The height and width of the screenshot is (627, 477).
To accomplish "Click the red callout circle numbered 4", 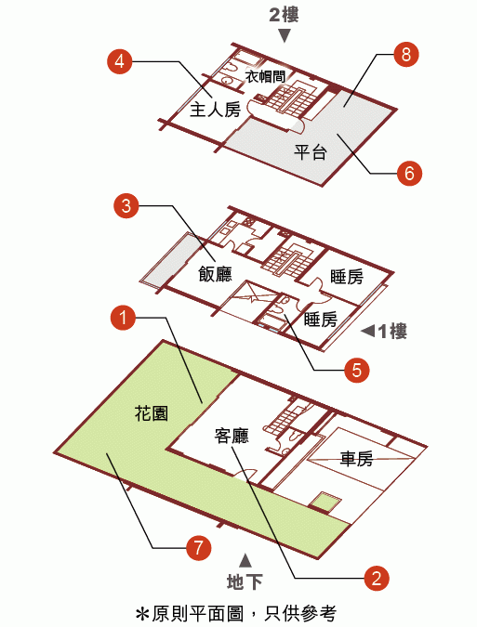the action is click(120, 61).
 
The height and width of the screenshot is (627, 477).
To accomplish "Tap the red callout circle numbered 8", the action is click(405, 54).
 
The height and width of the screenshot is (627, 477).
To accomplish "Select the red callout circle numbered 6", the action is click(409, 173).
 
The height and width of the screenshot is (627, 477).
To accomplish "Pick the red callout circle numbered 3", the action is click(126, 206).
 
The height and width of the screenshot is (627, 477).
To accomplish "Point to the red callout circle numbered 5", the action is click(356, 370).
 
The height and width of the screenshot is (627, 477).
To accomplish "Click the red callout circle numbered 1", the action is click(123, 318).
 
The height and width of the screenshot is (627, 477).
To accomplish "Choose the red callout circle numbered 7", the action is click(199, 547).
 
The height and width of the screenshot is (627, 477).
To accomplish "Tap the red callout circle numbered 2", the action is click(377, 578).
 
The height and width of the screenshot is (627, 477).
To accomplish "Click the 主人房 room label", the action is click(215, 110).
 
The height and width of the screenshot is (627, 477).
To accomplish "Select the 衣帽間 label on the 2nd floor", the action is click(265, 76).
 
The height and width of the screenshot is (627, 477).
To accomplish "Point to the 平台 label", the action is click(311, 152).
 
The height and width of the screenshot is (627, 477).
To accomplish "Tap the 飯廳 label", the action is click(215, 274).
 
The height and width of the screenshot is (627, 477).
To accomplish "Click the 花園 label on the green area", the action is click(152, 413).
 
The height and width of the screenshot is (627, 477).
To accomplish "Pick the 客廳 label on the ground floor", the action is click(232, 436).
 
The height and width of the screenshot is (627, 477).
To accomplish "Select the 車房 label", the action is click(356, 459).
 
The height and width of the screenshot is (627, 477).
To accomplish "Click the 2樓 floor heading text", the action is click(284, 15).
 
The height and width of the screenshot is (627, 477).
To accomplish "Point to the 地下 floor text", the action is click(245, 581).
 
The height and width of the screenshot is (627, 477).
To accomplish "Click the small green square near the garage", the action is click(326, 502).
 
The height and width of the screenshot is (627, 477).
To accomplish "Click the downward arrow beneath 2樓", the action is click(285, 36).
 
